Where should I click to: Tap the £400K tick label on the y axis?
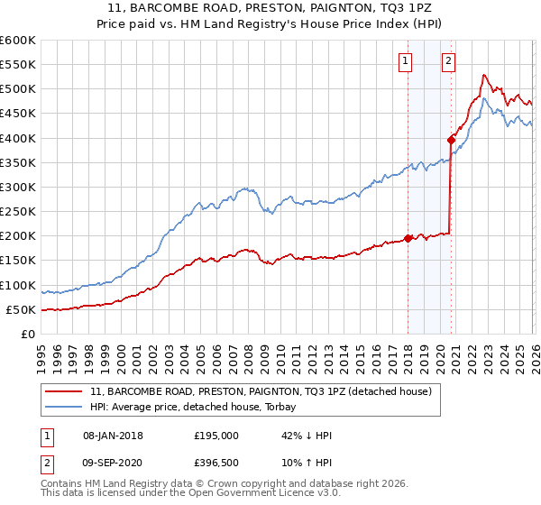(x=18, y=138)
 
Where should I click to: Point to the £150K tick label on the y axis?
(x=18, y=261)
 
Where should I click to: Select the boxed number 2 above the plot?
(x=448, y=61)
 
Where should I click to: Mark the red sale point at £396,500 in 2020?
(x=450, y=140)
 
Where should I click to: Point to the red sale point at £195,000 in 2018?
(x=408, y=238)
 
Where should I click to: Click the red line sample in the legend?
(x=65, y=391)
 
